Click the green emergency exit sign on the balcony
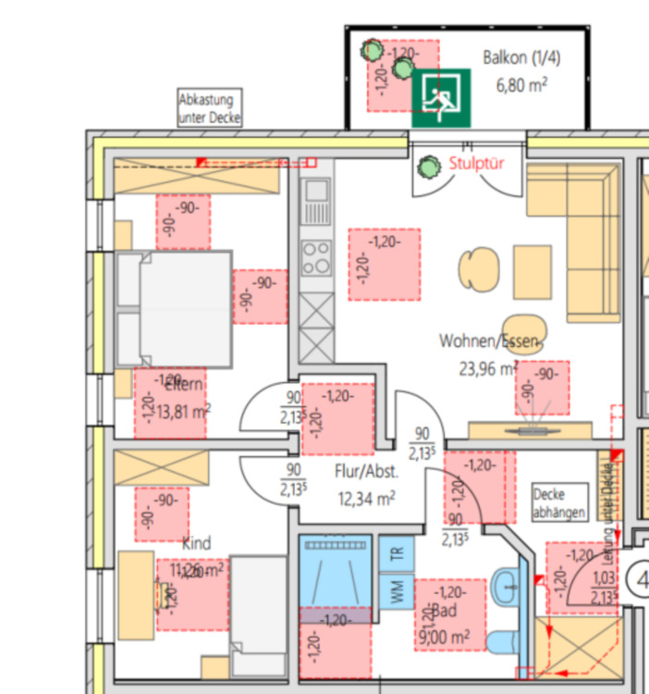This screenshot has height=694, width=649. (x=441, y=96)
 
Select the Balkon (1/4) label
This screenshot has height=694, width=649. (x=520, y=57)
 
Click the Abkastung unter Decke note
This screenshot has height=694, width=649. (x=210, y=108)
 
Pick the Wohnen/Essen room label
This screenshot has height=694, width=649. (x=488, y=341)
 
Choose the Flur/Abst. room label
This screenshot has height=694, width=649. (x=367, y=471)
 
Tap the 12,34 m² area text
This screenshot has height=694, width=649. (x=367, y=498)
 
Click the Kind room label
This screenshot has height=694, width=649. (x=197, y=543)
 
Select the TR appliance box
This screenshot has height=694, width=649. (x=397, y=554)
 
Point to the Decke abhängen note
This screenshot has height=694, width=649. (x=560, y=502)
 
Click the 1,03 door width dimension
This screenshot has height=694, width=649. (x=603, y=578)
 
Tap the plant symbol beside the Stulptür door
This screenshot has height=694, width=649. (x=428, y=167)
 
